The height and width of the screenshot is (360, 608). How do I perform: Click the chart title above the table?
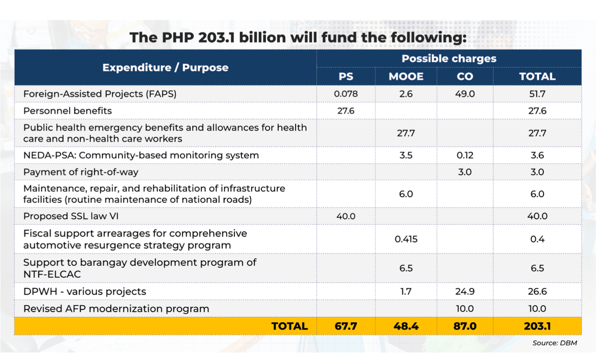298,38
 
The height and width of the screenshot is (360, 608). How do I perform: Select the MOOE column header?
406,76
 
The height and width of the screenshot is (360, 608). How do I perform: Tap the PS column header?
346,76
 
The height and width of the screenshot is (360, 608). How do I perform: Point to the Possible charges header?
449,58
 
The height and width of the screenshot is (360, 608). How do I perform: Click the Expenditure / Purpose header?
165,68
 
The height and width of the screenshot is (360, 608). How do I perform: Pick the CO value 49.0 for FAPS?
465,94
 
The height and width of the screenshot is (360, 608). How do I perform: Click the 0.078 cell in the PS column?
346,94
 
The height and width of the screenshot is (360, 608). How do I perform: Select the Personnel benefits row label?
68,111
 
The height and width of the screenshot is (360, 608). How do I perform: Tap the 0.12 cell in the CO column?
465,155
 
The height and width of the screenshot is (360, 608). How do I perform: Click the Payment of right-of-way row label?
80,172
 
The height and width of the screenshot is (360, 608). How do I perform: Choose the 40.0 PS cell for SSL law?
346,216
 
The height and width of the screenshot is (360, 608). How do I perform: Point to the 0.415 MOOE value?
406,239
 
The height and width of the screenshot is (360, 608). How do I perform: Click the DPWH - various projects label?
85,292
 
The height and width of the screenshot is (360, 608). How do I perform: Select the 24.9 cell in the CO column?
465,292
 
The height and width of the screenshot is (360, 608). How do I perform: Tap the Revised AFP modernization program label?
116,309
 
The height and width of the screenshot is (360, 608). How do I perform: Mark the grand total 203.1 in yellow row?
537,326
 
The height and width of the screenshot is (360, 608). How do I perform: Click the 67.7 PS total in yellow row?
346,326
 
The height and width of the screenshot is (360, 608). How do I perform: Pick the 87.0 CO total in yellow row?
465,326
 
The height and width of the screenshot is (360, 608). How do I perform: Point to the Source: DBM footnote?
554,343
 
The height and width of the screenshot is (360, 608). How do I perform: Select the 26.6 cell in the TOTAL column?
537,292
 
